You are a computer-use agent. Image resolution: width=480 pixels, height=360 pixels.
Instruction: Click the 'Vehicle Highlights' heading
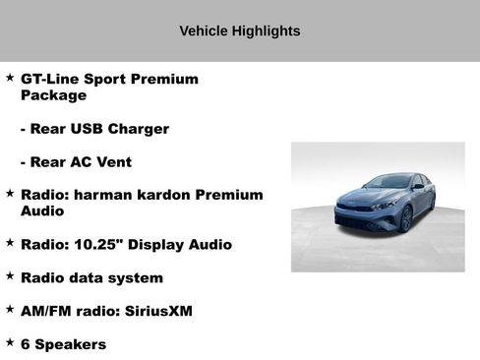pyautogui.click(x=239, y=30)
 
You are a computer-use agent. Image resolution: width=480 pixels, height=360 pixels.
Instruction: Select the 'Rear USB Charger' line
pyautogui.click(x=94, y=129)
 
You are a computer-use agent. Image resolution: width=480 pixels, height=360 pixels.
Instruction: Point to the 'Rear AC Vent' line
pyautogui.click(x=76, y=162)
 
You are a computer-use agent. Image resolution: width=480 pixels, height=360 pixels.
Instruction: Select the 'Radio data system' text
pyautogui.click(x=91, y=277)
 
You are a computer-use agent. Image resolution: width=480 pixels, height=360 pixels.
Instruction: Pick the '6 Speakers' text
pyautogui.click(x=63, y=344)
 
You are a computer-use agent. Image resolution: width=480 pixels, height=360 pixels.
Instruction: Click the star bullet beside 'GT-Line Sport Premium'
pyautogui.click(x=10, y=77)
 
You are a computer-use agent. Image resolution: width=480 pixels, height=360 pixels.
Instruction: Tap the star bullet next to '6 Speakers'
pyautogui.click(x=10, y=342)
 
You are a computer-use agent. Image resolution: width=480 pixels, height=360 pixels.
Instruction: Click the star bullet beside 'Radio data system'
pyautogui.click(x=10, y=275)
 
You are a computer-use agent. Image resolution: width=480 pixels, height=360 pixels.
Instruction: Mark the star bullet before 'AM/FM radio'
pyautogui.click(x=10, y=309)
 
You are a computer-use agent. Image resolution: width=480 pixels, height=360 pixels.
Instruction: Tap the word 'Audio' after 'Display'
pyautogui.click(x=210, y=244)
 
